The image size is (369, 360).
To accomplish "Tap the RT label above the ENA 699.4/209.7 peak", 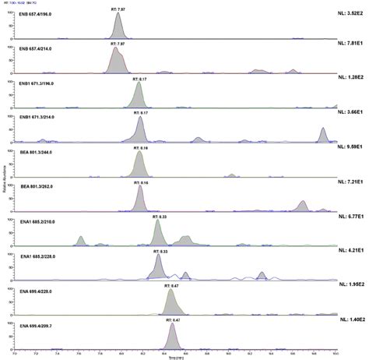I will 172,319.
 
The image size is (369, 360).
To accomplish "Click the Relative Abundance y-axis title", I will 5,178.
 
